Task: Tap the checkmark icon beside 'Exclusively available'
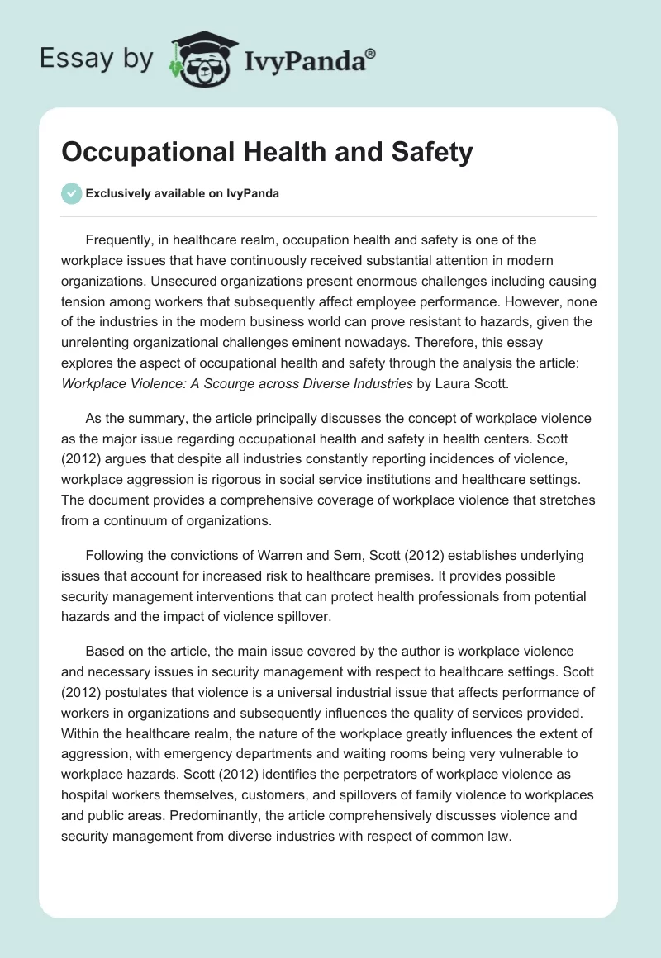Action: coord(72,193)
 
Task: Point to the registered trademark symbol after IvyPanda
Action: coord(371,54)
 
